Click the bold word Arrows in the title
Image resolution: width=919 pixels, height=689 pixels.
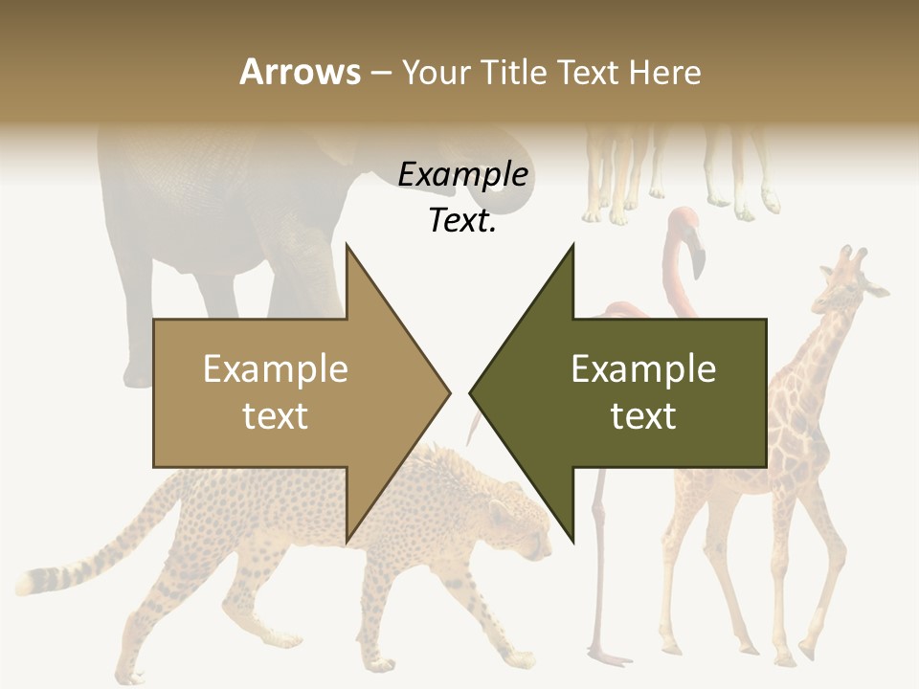[300, 72]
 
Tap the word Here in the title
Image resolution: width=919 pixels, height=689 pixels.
[665, 72]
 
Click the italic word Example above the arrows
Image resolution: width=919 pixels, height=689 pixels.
[462, 174]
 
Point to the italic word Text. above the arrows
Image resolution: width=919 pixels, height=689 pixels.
[462, 220]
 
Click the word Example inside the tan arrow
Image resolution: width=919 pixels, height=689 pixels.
[276, 368]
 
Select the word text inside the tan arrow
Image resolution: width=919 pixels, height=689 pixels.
[276, 415]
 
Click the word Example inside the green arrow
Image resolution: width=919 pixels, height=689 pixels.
[643, 368]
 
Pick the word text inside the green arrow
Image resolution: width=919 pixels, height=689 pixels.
[643, 415]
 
